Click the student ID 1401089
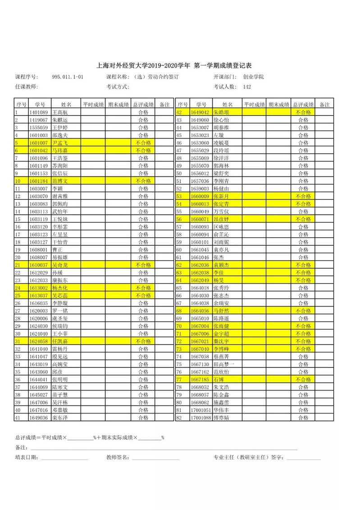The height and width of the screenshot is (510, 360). pyautogui.click(x=38, y=112)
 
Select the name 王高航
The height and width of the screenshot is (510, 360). pyautogui.click(x=60, y=112)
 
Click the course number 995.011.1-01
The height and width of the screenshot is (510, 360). pyautogui.click(x=68, y=77)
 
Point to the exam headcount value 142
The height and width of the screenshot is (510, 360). pyautogui.click(x=247, y=87)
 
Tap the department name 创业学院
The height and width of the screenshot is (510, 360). pyautogui.click(x=254, y=77)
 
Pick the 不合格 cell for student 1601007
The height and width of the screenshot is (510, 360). pyautogui.click(x=143, y=142)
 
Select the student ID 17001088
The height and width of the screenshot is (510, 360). pyautogui.click(x=201, y=418)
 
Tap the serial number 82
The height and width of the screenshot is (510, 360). pyautogui.click(x=179, y=418)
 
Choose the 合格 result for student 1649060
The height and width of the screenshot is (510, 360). pyautogui.click(x=303, y=120)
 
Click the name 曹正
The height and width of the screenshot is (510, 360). pyautogui.click(x=57, y=249)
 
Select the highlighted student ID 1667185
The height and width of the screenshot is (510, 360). pyautogui.click(x=200, y=380)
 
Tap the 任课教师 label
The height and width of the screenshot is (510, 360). pyautogui.click(x=27, y=87)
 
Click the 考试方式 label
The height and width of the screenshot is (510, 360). pyautogui.click(x=118, y=87)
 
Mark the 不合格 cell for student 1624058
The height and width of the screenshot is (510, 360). pyautogui.click(x=143, y=341)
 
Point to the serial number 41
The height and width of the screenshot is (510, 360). pyautogui.click(x=18, y=418)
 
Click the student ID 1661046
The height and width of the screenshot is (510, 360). pyautogui.click(x=200, y=257)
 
